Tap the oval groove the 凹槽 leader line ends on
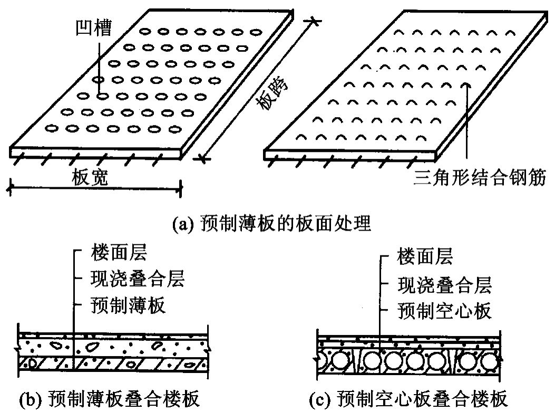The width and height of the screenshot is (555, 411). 102,96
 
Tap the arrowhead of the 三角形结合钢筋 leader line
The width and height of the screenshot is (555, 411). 465,84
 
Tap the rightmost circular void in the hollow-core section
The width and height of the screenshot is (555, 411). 485,362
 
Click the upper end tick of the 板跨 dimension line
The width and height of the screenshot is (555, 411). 314,21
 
